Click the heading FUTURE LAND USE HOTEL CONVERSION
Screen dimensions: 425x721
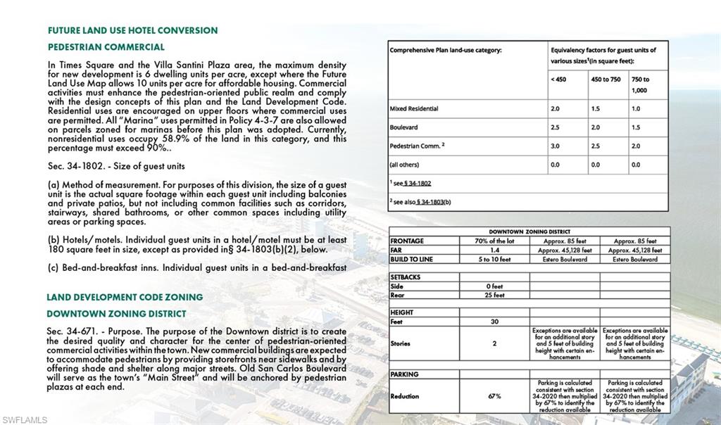[132, 31]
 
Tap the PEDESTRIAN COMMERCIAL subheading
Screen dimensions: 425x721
[106, 47]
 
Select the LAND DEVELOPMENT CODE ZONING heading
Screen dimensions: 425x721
[125, 297]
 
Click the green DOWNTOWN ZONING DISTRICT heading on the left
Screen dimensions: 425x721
[116, 314]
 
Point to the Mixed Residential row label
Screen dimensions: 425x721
[414, 109]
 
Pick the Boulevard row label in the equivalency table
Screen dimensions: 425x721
[406, 127]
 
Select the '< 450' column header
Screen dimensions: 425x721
[558, 80]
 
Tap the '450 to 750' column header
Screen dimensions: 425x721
[606, 80]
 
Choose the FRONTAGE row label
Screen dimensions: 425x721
[407, 241]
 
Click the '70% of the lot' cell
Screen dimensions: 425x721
[494, 241]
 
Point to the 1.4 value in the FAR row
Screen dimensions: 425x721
[494, 250]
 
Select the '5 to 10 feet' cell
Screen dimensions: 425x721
[494, 259]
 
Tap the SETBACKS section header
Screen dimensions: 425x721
[406, 277]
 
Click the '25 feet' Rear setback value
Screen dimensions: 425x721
[494, 295]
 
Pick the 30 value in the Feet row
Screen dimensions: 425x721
[494, 322]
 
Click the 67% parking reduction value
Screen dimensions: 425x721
[494, 396]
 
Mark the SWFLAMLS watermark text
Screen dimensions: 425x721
[25, 419]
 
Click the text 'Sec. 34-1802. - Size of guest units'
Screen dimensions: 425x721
[116, 166]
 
